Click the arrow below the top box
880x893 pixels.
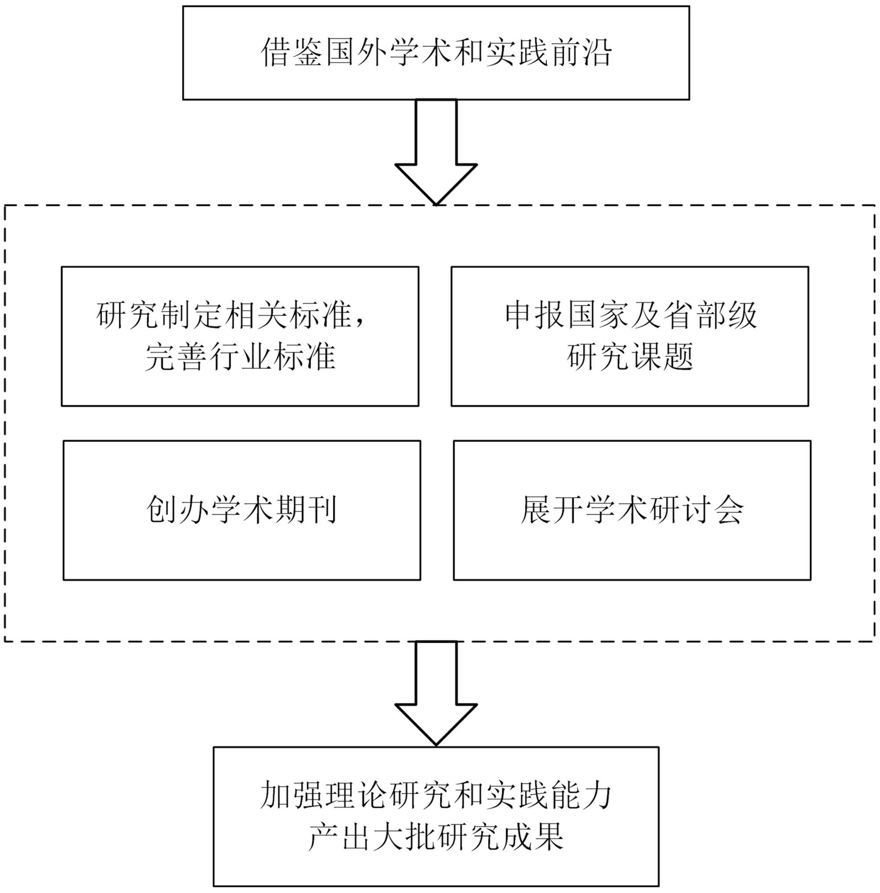tap(436, 153)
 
